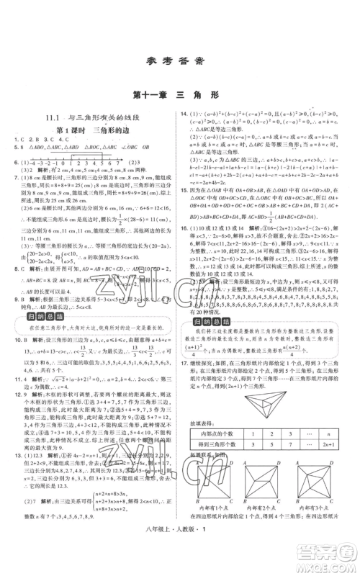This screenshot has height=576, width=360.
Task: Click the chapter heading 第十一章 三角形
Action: pos(180,94)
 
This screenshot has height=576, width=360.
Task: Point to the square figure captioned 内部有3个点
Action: pos(315,483)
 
